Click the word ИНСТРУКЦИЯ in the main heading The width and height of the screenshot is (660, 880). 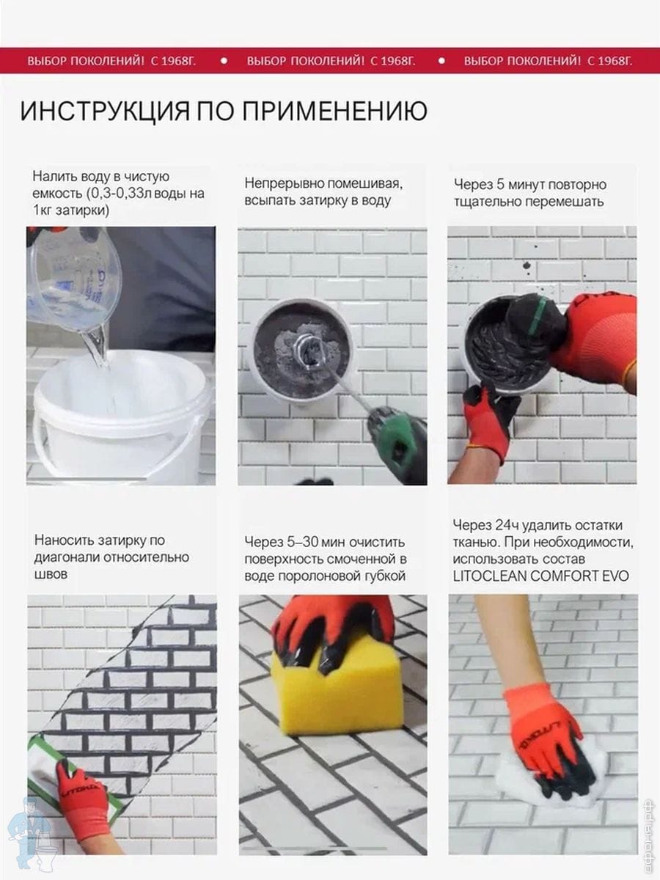point(105,111)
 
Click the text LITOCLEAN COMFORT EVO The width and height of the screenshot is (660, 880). point(540,576)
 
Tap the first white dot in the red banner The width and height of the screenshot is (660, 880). point(224,61)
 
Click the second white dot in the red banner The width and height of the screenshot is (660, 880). point(441,61)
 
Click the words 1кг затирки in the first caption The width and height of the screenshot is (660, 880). point(70,210)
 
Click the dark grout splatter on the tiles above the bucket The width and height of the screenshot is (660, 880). point(527,265)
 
